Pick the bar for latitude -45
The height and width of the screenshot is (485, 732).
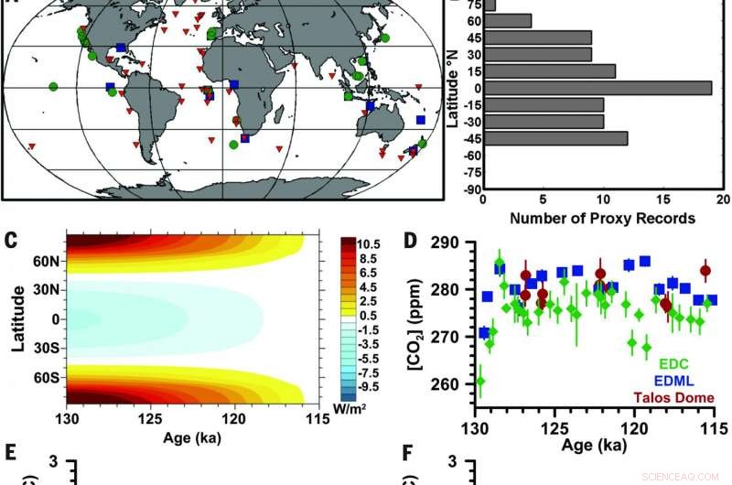(x=554, y=138)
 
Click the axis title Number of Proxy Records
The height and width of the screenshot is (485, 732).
(x=602, y=219)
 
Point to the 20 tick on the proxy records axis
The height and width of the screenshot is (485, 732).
(x=721, y=200)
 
